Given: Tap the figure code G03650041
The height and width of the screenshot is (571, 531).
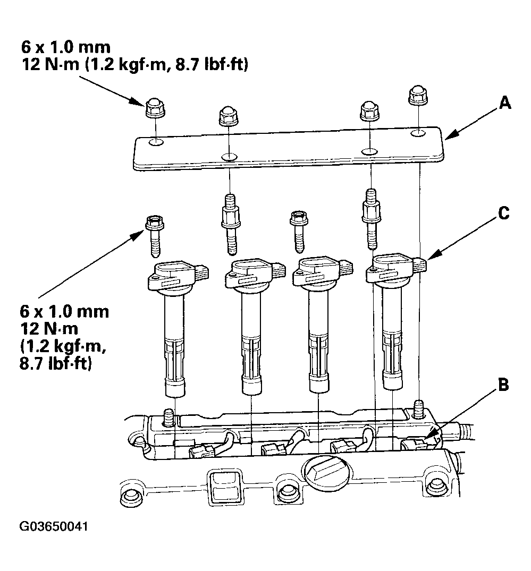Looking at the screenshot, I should (x=54, y=527).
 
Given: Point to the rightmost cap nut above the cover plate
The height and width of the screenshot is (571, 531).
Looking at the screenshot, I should (x=417, y=97).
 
